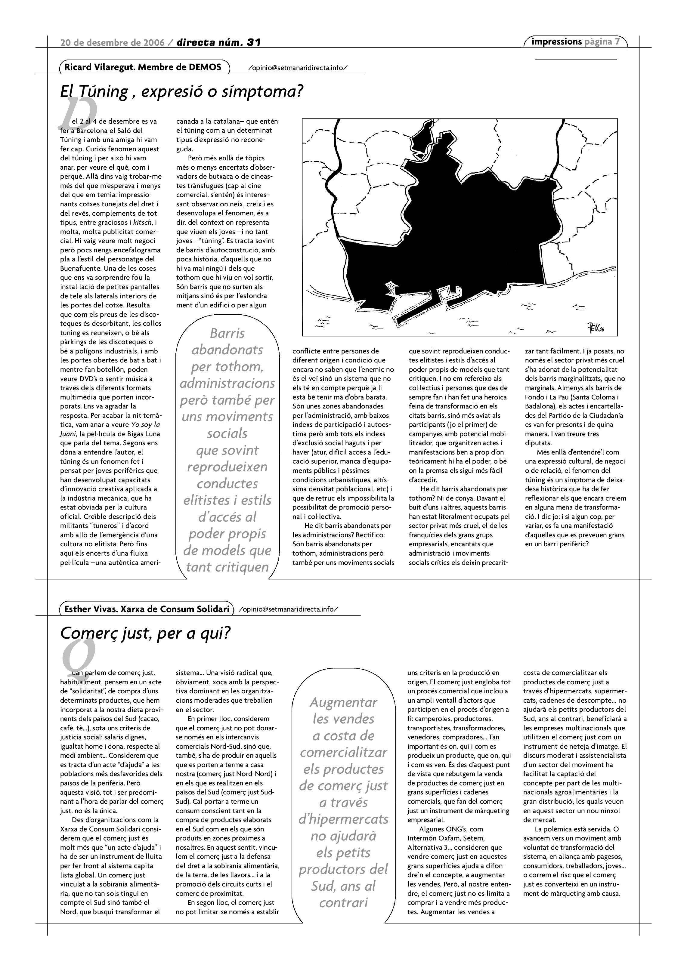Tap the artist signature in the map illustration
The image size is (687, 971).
[595, 328]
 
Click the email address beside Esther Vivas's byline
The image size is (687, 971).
[289, 609]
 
